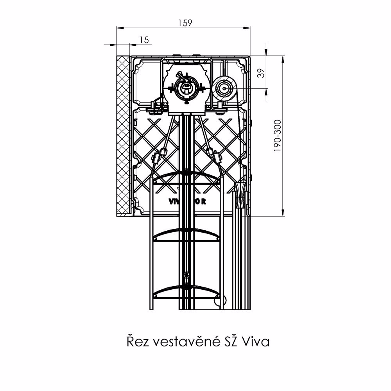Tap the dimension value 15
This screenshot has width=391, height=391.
[144, 39]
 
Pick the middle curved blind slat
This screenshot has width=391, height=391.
[186, 234]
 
